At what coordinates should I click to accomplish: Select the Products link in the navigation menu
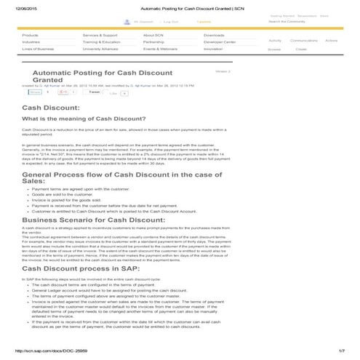tap(31, 35)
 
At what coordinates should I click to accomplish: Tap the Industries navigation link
tap(31, 42)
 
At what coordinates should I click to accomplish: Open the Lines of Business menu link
tap(38, 49)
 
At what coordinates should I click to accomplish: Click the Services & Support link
tap(100, 35)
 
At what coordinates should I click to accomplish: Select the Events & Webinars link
tap(159, 49)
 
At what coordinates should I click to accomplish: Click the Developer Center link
tap(220, 42)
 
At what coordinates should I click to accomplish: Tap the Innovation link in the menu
tap(214, 49)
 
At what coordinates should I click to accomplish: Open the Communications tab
tap(303, 41)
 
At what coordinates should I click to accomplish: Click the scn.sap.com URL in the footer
tap(36, 352)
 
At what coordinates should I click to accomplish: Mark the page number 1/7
tap(341, 352)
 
